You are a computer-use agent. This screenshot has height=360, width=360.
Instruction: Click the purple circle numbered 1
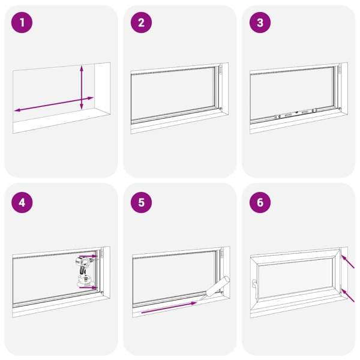22,23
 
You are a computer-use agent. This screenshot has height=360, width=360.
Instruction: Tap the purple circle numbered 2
141,23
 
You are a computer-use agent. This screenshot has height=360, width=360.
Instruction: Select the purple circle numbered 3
260,23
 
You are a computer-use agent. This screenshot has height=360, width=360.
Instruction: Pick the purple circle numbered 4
22,203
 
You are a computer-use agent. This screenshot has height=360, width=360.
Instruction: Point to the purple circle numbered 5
141,203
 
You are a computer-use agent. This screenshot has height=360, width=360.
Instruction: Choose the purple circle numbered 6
260,203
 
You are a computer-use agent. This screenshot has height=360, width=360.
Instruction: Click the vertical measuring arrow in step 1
82,88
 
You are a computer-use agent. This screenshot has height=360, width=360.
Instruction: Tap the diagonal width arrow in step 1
54,104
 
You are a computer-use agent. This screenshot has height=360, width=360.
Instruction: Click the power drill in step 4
84,272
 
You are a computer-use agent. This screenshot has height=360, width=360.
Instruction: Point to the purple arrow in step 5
169,308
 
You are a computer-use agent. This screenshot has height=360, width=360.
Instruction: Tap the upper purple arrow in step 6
347,261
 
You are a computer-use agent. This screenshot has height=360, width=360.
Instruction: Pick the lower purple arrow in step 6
347,295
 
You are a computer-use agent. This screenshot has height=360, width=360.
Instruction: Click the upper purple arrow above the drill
88,256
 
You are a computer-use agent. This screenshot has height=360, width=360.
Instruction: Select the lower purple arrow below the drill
88,287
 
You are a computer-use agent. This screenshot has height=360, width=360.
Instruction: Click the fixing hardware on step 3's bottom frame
296,113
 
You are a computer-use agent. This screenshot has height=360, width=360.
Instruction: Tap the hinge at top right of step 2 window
220,70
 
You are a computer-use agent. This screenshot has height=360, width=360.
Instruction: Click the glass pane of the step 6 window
296,278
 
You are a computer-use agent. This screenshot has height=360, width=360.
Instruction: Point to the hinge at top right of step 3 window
339,70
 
